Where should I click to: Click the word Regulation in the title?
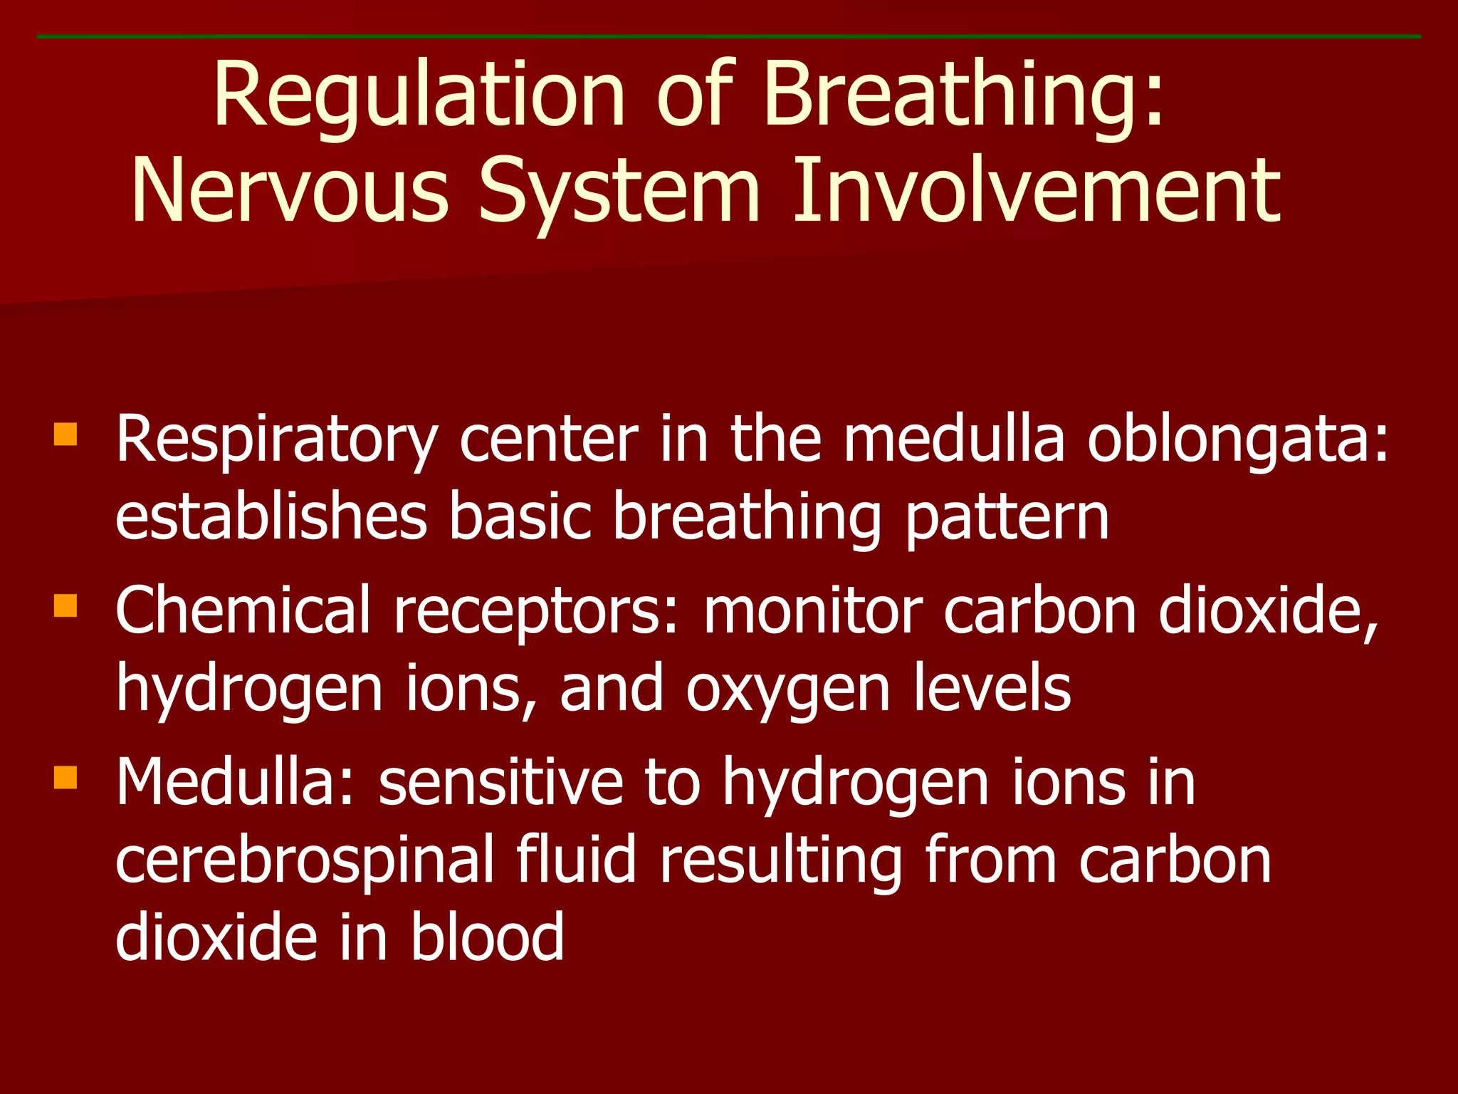pyautogui.click(x=419, y=96)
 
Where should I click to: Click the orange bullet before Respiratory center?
pyautogui.click(x=65, y=434)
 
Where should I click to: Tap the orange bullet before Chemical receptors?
pyautogui.click(x=65, y=605)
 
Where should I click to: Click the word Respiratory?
pyautogui.click(x=277, y=442)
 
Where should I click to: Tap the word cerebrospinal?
pyautogui.click(x=304, y=862)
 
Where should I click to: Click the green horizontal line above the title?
pyautogui.click(x=729, y=36)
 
